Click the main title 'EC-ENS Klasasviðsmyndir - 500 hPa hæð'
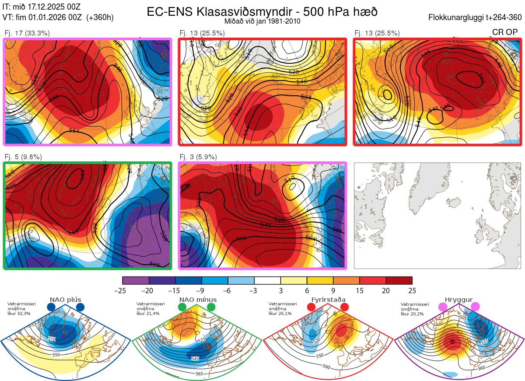pyautogui.click(x=262, y=12)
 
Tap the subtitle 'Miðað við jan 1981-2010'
pyautogui.click(x=262, y=21)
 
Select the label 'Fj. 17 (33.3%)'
pyautogui.click(x=27, y=33)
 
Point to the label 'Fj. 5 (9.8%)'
pyautogui.click(x=24, y=157)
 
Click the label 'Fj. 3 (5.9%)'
pyautogui.click(x=198, y=157)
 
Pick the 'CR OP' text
pyautogui.click(x=504, y=32)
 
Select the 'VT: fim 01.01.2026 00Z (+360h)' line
pyautogui.click(x=58, y=17)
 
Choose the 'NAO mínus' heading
pyautogui.click(x=198, y=300)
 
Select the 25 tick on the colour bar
pyautogui.click(x=412, y=290)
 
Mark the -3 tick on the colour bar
pyautogui.click(x=254, y=290)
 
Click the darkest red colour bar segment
pyautogui.click(x=399, y=280)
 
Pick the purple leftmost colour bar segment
pyautogui.click(x=136, y=280)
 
